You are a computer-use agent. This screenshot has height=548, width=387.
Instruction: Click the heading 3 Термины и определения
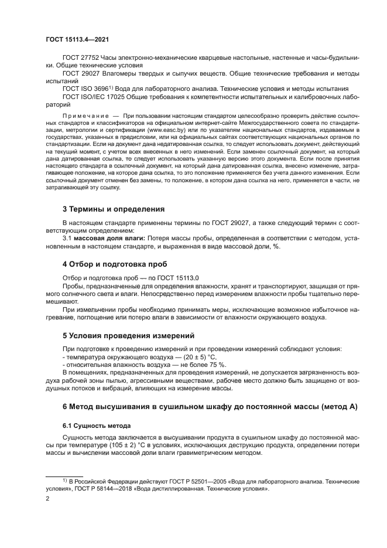point(114,209)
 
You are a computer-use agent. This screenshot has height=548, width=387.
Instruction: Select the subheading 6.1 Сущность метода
point(97,425)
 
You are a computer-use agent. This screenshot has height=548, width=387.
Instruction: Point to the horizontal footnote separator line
point(64,476)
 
